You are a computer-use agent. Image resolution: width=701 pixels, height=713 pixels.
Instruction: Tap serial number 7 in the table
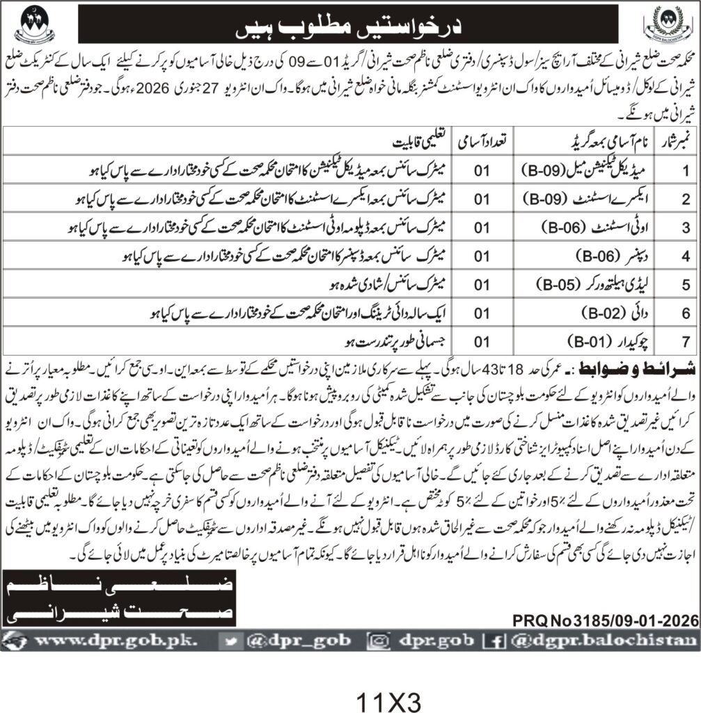pos(685,341)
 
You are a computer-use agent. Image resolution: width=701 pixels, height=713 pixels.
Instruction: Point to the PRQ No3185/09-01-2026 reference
pos(606,618)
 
